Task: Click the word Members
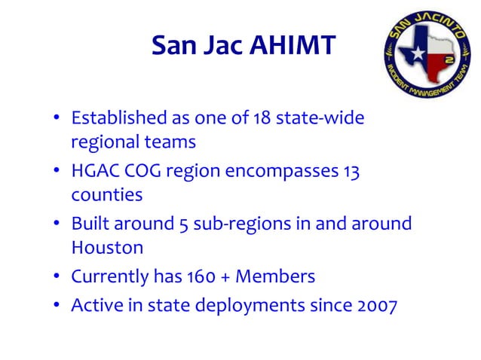coord(275,277)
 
